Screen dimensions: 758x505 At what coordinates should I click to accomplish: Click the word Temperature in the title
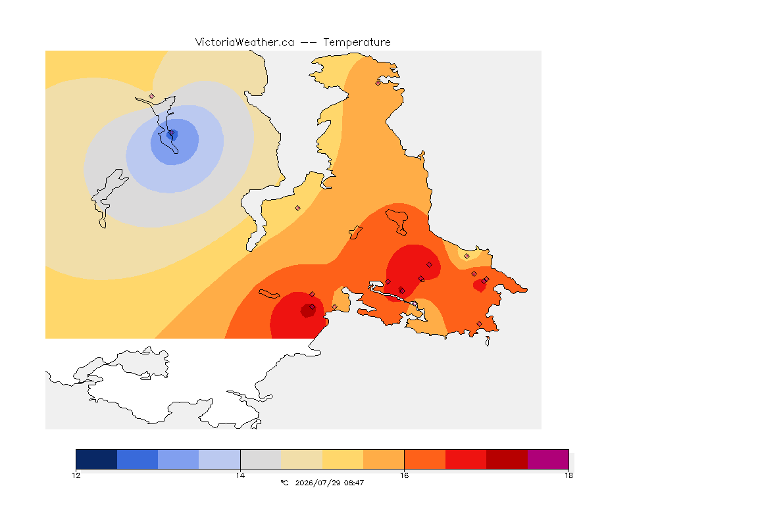357,43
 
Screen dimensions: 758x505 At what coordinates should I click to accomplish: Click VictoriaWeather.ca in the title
245,43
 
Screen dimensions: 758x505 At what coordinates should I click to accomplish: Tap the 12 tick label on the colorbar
76,475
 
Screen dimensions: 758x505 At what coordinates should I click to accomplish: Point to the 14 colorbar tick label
240,475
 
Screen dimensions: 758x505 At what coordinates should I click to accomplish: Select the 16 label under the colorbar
404,475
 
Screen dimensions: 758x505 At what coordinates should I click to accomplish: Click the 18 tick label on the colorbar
568,475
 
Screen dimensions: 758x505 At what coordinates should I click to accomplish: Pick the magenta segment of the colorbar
547,459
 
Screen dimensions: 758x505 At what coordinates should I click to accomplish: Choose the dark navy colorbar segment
97,459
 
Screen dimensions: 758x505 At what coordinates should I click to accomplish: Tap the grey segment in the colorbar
261,459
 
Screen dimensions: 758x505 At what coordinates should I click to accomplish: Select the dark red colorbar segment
507,459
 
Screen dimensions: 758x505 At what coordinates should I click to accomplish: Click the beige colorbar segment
301,459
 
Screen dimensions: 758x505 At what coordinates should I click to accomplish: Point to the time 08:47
354,483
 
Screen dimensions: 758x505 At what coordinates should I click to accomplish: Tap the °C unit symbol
284,483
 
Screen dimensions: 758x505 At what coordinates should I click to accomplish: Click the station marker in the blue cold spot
172,133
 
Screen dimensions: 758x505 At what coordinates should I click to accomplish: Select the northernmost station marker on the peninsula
378,83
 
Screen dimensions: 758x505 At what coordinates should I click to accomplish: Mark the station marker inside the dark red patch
313,307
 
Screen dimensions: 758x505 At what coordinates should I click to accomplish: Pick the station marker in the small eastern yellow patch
467,256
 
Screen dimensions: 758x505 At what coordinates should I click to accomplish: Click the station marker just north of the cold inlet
152,97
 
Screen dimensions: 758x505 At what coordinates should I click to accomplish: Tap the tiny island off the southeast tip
488,341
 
